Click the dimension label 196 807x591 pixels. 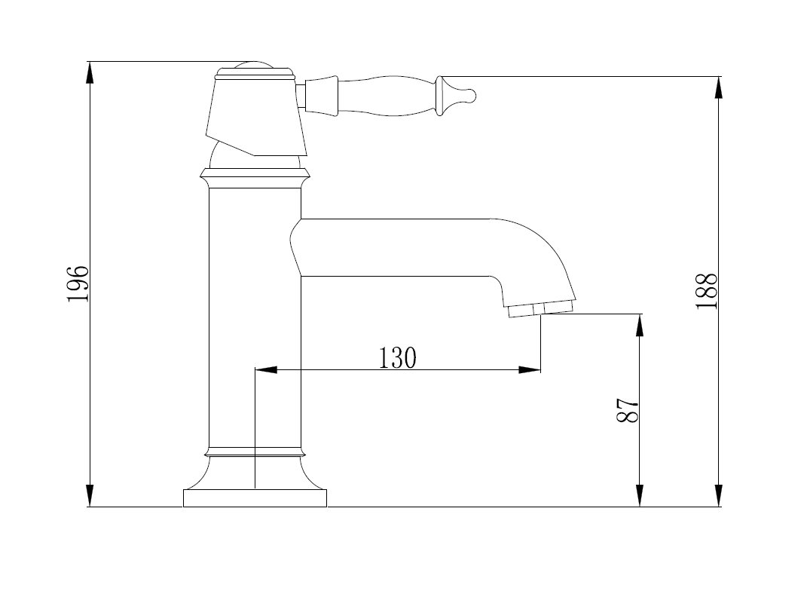tap(78, 283)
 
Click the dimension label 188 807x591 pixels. tap(707, 291)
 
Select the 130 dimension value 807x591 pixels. tap(397, 358)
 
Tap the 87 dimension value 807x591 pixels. tap(628, 410)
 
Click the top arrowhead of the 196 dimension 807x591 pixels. tap(90, 72)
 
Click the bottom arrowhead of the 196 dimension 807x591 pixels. tap(90, 496)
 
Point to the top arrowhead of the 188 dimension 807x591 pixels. tap(719, 87)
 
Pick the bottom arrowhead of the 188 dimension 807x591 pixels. tap(719, 496)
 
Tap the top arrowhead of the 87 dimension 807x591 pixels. tap(639, 325)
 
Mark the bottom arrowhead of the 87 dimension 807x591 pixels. tap(639, 496)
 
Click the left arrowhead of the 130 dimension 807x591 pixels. tap(266, 369)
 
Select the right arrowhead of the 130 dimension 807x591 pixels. tap(530, 369)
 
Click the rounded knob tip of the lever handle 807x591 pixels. tap(470, 96)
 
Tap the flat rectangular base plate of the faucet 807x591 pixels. tap(255, 498)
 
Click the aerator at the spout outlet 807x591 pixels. tap(540, 309)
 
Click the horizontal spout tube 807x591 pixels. tap(396, 247)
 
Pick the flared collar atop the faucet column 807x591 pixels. tap(255, 178)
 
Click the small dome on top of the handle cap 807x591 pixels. tap(254, 66)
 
